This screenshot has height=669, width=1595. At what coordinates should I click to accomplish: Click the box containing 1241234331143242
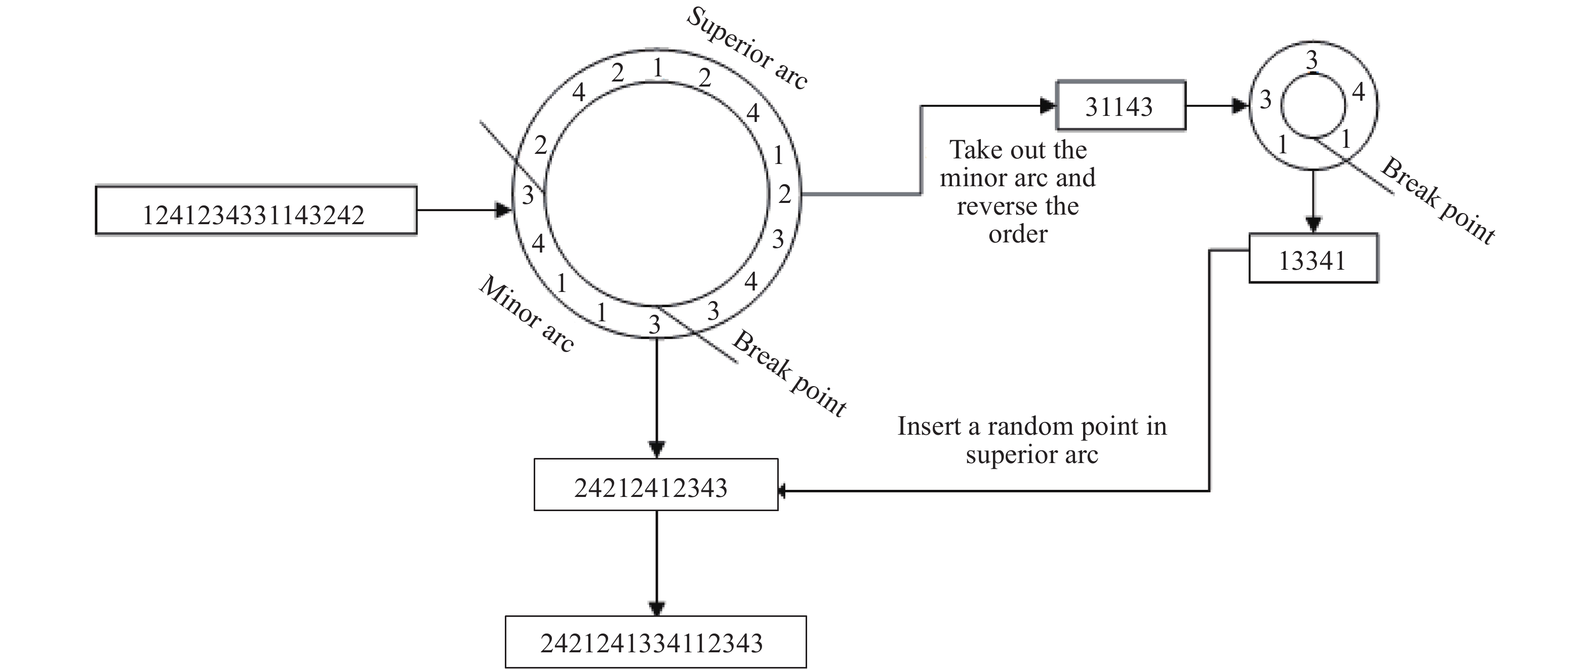[x=256, y=211]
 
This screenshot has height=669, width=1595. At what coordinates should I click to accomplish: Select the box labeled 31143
[x=1120, y=106]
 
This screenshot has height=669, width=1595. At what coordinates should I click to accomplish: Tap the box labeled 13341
[x=1312, y=259]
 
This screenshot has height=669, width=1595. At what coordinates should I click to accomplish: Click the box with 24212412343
[x=656, y=485]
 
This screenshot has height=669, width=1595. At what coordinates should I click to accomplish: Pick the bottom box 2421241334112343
[x=655, y=642]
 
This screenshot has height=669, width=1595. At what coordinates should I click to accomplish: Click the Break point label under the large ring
[x=789, y=373]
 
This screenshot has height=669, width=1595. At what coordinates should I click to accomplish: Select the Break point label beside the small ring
[x=1438, y=200]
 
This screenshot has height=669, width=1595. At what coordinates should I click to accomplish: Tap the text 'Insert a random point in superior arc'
[x=1031, y=439]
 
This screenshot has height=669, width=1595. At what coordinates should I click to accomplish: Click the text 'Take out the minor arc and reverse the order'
[x=1017, y=192]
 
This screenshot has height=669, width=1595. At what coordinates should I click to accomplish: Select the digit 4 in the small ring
[x=1358, y=92]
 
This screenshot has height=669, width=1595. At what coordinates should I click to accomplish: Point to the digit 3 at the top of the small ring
[x=1311, y=61]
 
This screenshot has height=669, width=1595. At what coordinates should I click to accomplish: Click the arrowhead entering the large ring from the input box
[x=504, y=211]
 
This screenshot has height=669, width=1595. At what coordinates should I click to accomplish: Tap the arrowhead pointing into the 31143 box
[x=1048, y=106]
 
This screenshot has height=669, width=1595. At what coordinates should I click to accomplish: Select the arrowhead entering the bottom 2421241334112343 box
[x=656, y=608]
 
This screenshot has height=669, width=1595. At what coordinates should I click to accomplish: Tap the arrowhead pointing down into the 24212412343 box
[x=656, y=449]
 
